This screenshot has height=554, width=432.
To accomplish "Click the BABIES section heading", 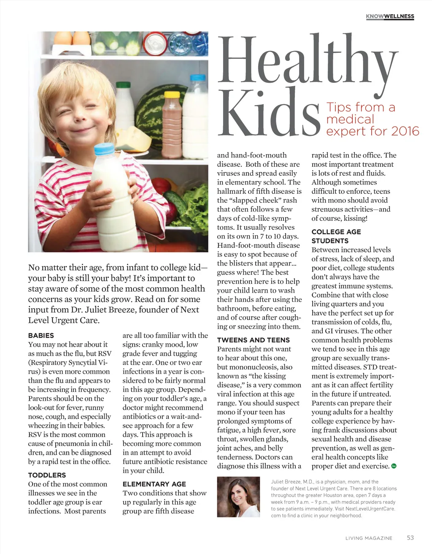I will coord(41,335).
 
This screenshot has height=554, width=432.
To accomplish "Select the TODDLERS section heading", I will coord(47,475).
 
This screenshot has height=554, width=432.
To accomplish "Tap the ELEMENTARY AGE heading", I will coord(154,484).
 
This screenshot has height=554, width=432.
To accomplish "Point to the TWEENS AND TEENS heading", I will coord(253,340).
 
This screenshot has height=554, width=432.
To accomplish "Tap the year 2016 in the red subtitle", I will coord(405,131).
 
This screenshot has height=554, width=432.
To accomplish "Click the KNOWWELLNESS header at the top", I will coord(390,16).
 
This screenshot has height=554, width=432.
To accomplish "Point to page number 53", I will coord(410,538).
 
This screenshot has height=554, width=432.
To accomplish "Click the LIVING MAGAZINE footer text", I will coord(369,538).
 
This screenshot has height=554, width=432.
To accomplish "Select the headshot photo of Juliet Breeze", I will coord(238,497).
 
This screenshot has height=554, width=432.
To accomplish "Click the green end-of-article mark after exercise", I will coord(394,466).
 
